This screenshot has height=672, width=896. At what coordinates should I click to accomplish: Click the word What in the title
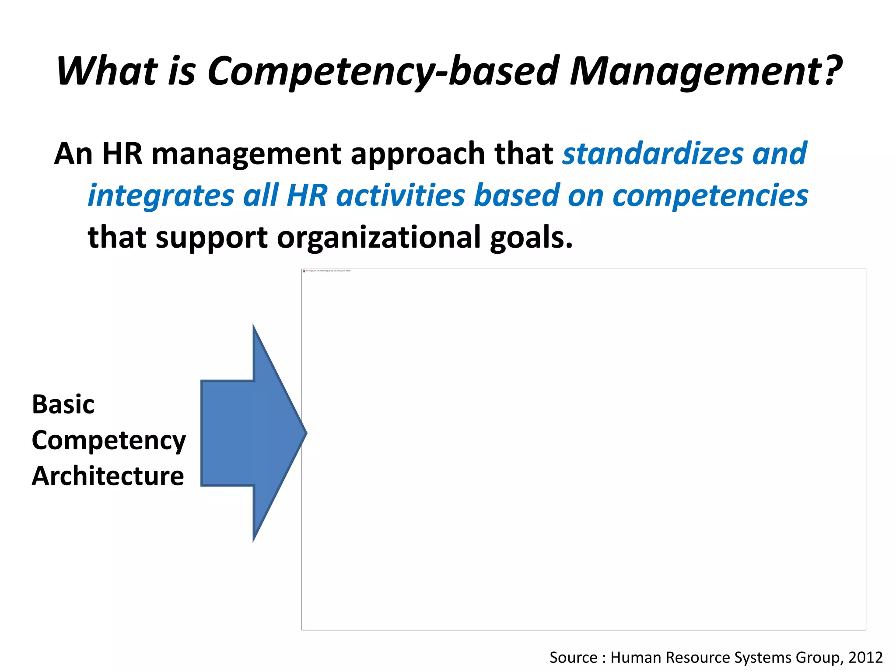tap(107, 71)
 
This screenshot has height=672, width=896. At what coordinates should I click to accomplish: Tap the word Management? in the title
tap(705, 71)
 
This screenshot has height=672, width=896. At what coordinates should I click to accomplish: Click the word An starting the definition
tap(73, 154)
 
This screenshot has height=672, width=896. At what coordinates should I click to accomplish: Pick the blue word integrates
tap(161, 196)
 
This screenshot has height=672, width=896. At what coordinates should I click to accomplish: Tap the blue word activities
tap(400, 195)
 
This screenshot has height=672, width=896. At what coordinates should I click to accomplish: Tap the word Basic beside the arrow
tap(63, 404)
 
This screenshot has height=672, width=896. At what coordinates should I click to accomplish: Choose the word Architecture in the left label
tap(108, 476)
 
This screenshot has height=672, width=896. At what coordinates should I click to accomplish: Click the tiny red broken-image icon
tap(304, 271)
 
